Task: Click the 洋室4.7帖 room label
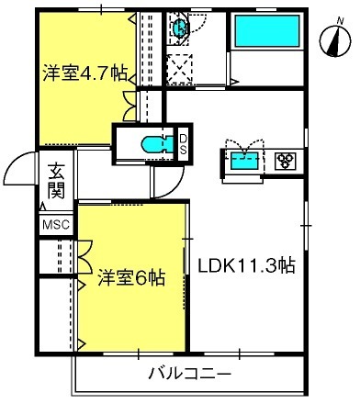point(84,73)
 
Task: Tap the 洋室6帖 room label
point(131,277)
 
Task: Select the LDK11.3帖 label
point(246,265)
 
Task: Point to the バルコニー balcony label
point(189,374)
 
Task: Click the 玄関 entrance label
point(56,181)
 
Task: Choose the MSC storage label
point(56,225)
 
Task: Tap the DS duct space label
point(183,144)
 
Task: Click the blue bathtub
point(266,30)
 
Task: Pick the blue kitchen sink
point(244,161)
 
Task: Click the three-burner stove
point(286,160)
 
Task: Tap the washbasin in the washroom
point(180,28)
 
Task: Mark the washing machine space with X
point(180,70)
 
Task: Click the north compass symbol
point(335,41)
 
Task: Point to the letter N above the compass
point(340,21)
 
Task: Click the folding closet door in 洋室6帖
point(85,256)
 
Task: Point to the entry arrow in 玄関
point(42,207)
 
